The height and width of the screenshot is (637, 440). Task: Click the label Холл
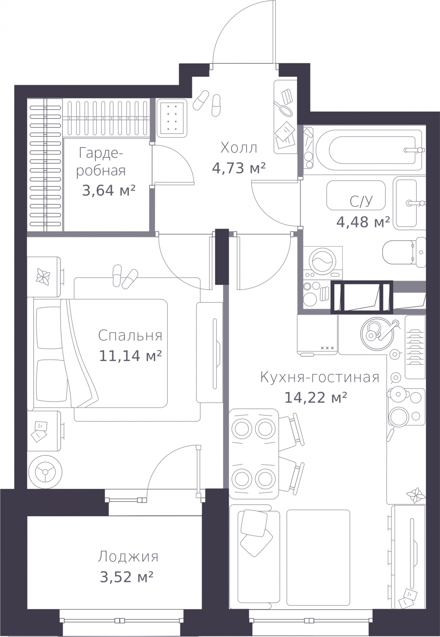(239, 148)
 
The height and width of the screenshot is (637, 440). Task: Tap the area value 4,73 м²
(239, 168)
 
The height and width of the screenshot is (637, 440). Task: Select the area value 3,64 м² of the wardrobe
(108, 190)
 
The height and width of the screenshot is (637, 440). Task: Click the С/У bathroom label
(361, 201)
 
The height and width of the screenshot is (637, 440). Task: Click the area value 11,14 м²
(130, 356)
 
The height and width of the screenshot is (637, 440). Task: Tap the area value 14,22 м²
(316, 397)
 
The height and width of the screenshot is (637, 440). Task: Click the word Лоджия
(128, 557)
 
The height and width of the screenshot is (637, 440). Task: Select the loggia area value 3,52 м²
(127, 576)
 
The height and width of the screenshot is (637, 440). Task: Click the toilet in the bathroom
(404, 252)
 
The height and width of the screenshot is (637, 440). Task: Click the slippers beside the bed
(125, 277)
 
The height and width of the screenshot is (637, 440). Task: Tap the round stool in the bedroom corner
(45, 472)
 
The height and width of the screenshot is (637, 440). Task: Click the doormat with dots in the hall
(172, 118)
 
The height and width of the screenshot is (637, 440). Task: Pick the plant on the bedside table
(43, 276)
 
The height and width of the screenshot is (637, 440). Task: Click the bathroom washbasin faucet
(415, 203)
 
